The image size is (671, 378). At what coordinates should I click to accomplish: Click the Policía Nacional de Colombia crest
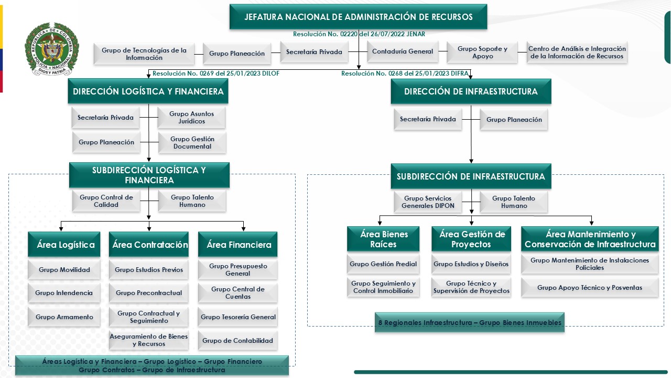pyautogui.click(x=51, y=50)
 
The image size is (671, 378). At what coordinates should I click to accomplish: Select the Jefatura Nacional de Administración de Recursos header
pyautogui.click(x=358, y=17)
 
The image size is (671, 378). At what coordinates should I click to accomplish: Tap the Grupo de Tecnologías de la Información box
pyautogui.click(x=144, y=54)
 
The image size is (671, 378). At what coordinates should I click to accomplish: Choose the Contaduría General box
pyautogui.click(x=402, y=51)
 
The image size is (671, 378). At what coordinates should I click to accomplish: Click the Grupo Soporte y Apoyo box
pyautogui.click(x=482, y=52)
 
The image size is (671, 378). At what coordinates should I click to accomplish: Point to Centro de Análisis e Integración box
pyautogui.click(x=577, y=52)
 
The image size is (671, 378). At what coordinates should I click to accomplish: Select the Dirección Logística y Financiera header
pyautogui.click(x=148, y=91)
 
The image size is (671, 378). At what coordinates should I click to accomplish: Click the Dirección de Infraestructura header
pyautogui.click(x=471, y=91)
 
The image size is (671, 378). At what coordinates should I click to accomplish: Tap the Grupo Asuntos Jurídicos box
pyautogui.click(x=191, y=118)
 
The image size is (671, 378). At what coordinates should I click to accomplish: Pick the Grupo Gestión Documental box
pyautogui.click(x=192, y=143)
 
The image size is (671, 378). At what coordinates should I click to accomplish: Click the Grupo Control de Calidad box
pyautogui.click(x=106, y=201)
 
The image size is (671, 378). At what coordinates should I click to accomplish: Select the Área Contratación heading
pyautogui.click(x=150, y=245)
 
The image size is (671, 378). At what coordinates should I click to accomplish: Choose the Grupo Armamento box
pyautogui.click(x=64, y=317)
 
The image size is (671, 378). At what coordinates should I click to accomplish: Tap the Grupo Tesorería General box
pyautogui.click(x=238, y=317)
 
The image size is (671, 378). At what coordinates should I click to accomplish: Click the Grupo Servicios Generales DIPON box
pyautogui.click(x=428, y=202)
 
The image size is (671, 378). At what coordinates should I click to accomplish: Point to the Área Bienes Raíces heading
pyautogui.click(x=384, y=239)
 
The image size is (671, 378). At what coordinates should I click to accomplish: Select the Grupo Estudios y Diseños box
pyautogui.click(x=471, y=264)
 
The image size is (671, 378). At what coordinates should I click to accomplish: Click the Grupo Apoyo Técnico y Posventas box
pyautogui.click(x=589, y=288)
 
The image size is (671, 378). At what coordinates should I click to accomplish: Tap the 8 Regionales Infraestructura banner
pyautogui.click(x=470, y=323)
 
